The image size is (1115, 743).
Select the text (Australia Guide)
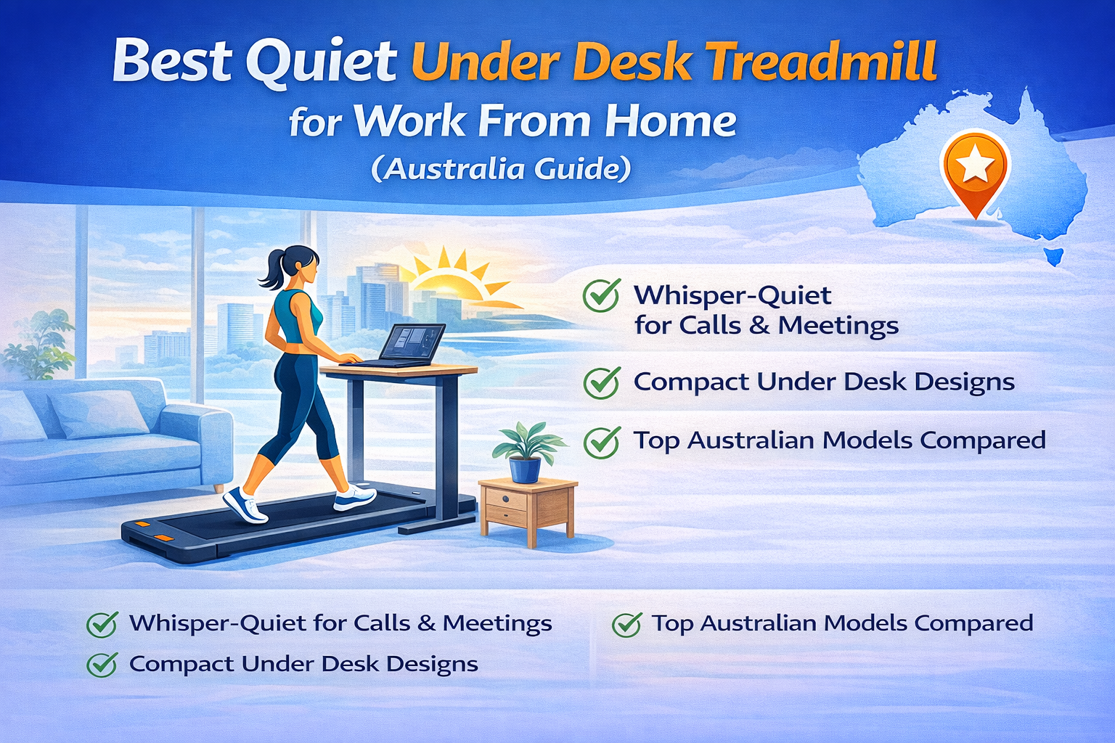click(x=501, y=168)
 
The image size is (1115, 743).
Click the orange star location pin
click(x=974, y=168)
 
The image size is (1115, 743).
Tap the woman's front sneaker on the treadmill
click(x=355, y=497)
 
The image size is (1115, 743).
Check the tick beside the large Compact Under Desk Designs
click(x=601, y=382)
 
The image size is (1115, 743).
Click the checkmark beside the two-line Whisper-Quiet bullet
click(x=601, y=296)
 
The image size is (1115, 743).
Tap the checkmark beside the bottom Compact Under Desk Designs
click(x=102, y=664)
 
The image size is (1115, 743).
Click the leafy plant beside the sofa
click(x=40, y=345)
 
